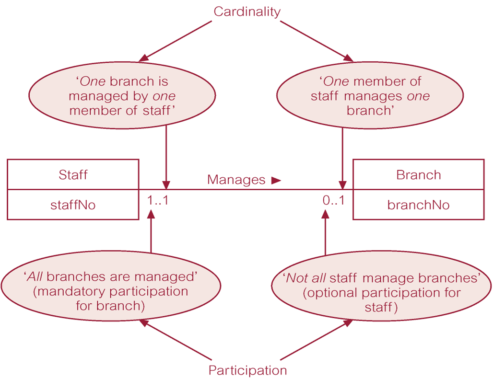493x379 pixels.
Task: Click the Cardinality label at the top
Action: tap(246, 12)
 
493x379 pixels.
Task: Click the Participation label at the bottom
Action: tap(247, 370)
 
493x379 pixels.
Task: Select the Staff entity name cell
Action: tap(73, 174)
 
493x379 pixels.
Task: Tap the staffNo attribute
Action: tap(73, 205)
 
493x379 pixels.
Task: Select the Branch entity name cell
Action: tap(418, 174)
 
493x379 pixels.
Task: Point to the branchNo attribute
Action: tap(418, 205)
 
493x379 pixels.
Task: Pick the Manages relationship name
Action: tap(236, 180)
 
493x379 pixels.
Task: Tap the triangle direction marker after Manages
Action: tap(276, 180)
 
